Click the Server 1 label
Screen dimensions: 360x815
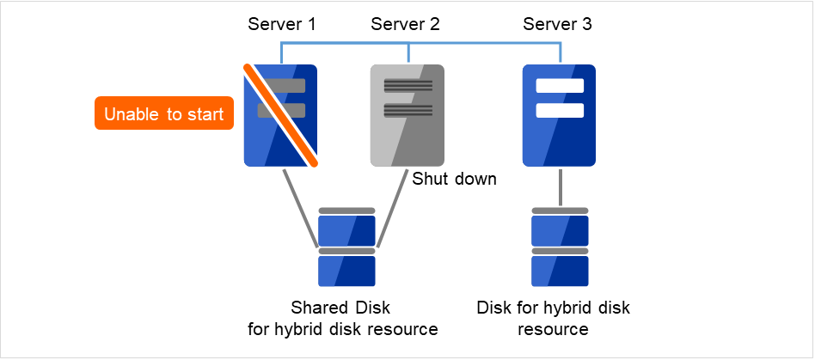pyautogui.click(x=282, y=24)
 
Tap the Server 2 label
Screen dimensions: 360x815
pyautogui.click(x=406, y=24)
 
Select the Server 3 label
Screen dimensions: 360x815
pyautogui.click(x=557, y=24)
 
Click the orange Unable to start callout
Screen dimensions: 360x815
pyautogui.click(x=164, y=113)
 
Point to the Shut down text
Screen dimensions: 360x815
pyautogui.click(x=455, y=180)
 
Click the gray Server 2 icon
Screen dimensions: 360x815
pyautogui.click(x=407, y=115)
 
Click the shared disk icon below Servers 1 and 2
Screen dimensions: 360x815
pyautogui.click(x=346, y=247)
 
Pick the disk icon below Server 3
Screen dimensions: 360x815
pyautogui.click(x=560, y=247)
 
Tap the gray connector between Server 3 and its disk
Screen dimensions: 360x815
pyautogui.click(x=560, y=186)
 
